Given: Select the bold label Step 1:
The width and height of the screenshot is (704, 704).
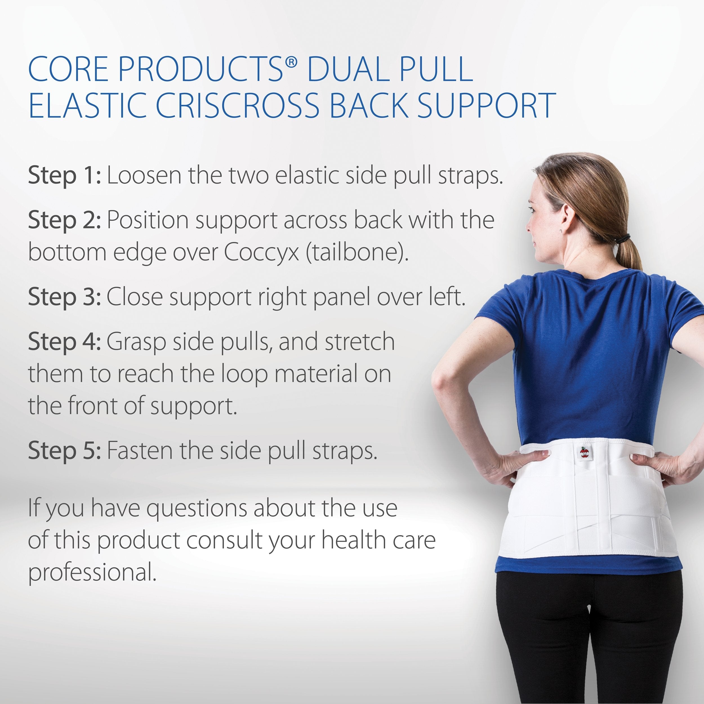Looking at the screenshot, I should pyautogui.click(x=64, y=176).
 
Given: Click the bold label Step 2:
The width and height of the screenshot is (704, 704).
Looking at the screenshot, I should pyautogui.click(x=64, y=221).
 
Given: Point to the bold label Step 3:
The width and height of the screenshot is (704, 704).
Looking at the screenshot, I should pyautogui.click(x=64, y=297).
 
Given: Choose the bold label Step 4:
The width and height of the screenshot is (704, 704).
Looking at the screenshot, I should pyautogui.click(x=64, y=342).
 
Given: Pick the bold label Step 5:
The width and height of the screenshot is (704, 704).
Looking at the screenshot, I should pyautogui.click(x=64, y=451).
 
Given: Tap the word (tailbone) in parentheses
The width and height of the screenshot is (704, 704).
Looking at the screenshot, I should pyautogui.click(x=357, y=252).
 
